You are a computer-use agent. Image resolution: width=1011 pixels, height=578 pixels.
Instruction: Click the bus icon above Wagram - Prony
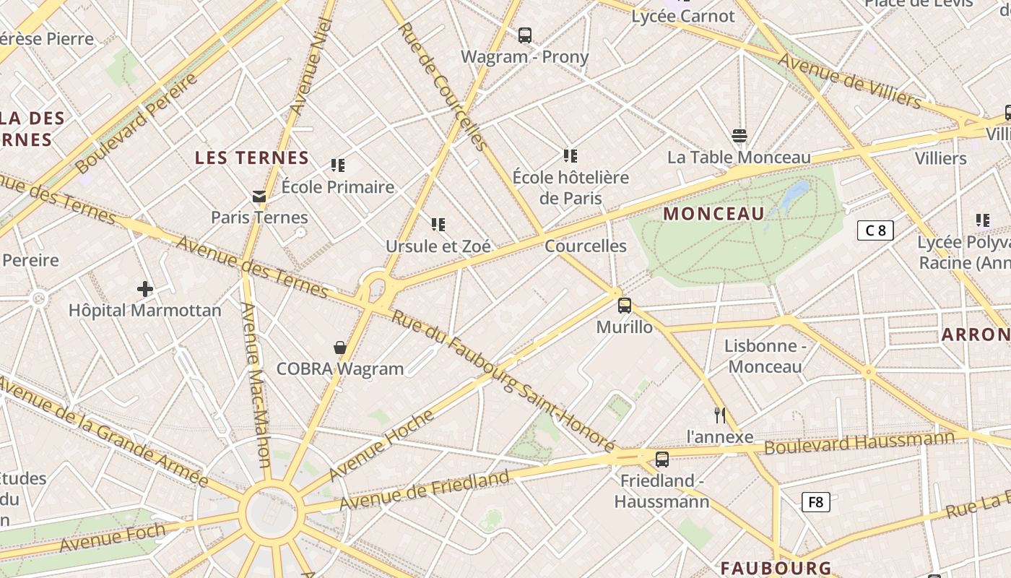click(x=525, y=35)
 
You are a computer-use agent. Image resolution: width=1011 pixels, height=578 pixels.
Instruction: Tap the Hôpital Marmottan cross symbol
click(x=145, y=290)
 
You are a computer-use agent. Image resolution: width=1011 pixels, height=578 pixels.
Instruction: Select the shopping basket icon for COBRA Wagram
click(x=340, y=348)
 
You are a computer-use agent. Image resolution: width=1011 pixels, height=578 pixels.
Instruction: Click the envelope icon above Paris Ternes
click(x=259, y=197)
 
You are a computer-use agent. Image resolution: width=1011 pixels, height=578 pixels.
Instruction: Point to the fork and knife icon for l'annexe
click(x=719, y=415)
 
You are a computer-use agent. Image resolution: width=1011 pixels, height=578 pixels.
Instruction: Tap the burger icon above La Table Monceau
click(x=739, y=136)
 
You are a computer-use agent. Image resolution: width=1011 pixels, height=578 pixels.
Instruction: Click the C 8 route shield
click(x=875, y=230)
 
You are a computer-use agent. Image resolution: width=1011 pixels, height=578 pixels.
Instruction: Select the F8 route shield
click(x=815, y=502)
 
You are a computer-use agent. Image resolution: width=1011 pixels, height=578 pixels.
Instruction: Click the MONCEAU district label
click(x=713, y=214)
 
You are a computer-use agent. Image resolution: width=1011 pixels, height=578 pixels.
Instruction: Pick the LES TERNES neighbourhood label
click(x=252, y=158)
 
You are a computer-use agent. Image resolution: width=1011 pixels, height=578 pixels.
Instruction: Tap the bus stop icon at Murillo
click(x=625, y=306)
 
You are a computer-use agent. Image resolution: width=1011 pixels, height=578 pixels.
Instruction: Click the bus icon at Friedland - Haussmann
click(x=662, y=459)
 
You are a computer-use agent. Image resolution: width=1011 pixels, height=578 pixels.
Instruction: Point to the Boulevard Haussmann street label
click(x=859, y=442)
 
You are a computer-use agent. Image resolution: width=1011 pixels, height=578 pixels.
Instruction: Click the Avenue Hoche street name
click(x=382, y=444)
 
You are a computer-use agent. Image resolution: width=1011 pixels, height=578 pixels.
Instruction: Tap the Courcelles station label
click(x=586, y=246)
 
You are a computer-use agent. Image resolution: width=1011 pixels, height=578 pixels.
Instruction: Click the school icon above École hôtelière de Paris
click(x=570, y=155)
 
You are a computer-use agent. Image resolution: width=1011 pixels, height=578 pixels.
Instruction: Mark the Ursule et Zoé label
click(x=438, y=246)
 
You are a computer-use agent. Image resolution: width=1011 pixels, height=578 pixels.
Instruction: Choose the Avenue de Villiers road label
click(x=849, y=81)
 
